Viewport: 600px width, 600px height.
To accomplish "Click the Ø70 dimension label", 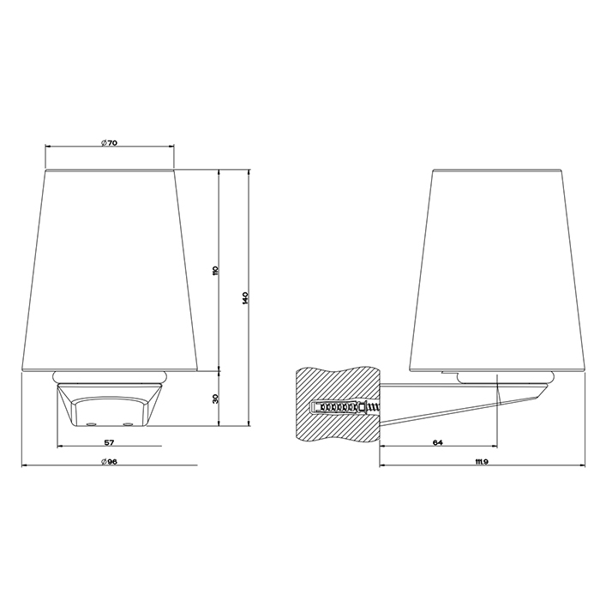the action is click(x=110, y=143).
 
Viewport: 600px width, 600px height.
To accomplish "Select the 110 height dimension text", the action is click(x=214, y=271).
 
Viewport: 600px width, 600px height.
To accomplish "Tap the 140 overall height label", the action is click(x=245, y=298).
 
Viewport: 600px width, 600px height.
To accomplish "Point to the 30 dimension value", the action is click(x=214, y=399).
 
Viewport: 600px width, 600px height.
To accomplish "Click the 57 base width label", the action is click(x=110, y=443).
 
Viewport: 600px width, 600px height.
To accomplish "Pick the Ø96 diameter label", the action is click(x=110, y=461).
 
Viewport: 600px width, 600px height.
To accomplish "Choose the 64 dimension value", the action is click(x=438, y=443).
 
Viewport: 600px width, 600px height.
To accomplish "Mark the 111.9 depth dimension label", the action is click(x=482, y=462).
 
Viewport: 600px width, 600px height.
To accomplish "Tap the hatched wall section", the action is click(x=338, y=404).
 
